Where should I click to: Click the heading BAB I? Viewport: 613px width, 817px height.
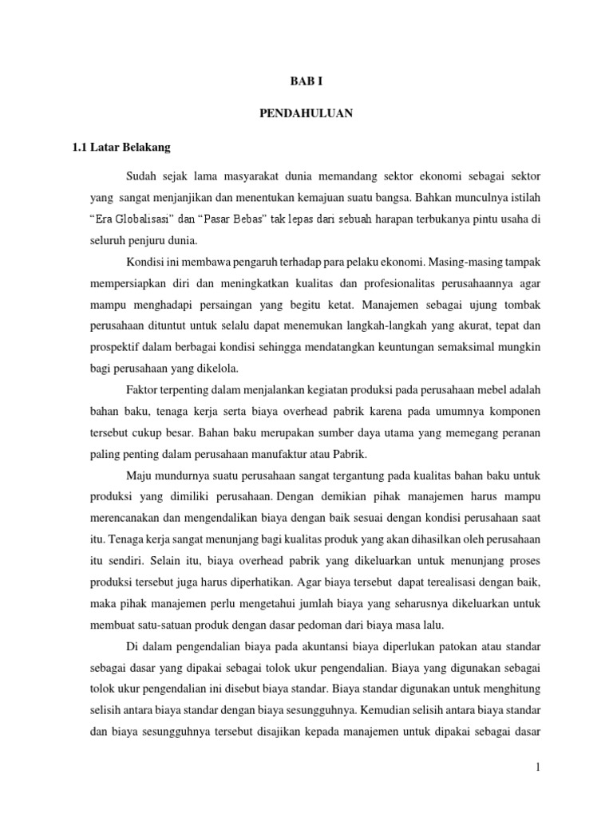(306, 81)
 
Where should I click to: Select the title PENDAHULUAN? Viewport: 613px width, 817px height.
(306, 114)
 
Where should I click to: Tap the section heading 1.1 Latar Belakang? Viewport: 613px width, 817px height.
(121, 148)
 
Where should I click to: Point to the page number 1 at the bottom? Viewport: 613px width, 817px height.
(539, 768)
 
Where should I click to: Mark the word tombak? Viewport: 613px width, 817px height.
(522, 305)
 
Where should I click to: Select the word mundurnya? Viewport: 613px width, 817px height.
(185, 476)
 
